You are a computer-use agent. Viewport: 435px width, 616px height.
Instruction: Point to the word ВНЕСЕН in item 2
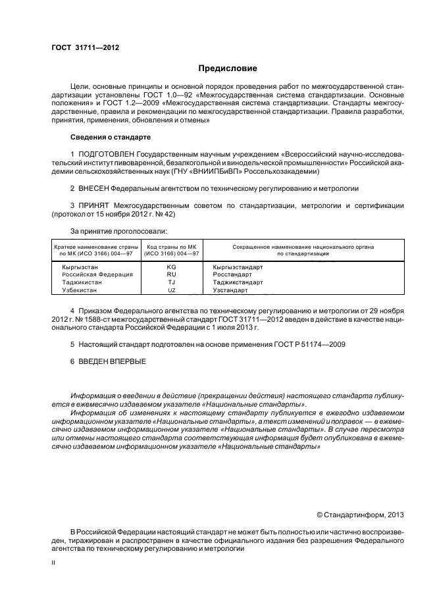[94, 188]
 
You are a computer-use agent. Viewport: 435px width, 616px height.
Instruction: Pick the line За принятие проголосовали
[118, 231]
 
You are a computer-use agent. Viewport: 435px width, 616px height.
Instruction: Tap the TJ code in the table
[172, 282]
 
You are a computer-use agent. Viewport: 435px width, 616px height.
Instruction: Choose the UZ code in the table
[172, 290]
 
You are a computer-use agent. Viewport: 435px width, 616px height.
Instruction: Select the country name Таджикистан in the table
[77, 282]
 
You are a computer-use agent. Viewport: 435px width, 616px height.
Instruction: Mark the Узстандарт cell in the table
[230, 290]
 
